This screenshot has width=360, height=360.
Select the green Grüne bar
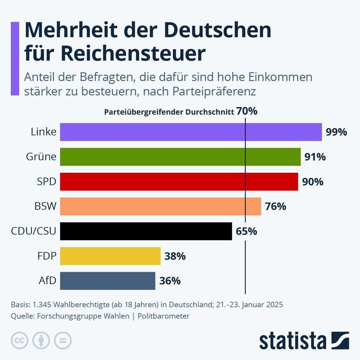point(180,157)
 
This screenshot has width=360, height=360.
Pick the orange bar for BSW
point(160,206)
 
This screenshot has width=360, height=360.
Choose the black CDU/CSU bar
point(146,231)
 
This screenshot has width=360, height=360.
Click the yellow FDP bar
point(110,256)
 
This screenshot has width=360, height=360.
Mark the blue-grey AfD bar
point(108,281)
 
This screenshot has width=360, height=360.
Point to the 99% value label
point(336,132)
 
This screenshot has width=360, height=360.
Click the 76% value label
point(276,207)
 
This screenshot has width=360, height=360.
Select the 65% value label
point(246,232)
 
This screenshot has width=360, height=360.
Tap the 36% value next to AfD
point(170,281)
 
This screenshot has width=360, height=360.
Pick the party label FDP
point(46,256)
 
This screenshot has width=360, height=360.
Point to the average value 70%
point(247,111)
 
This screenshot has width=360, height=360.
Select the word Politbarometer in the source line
point(164,316)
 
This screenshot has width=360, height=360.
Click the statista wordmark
point(293,341)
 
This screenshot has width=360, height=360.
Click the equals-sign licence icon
point(62,340)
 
